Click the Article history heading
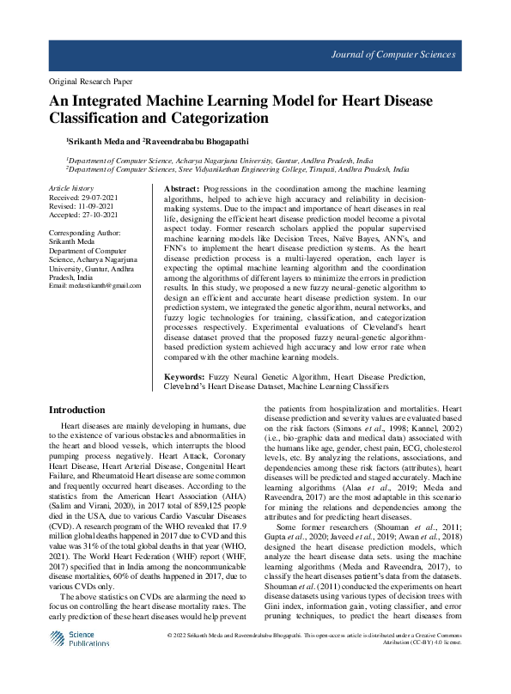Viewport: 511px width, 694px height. pos(70,187)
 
